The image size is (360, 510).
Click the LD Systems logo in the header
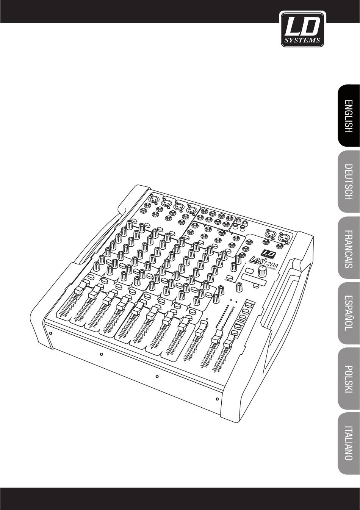302,29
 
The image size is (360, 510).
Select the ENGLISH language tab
348,116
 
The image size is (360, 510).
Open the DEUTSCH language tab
348,181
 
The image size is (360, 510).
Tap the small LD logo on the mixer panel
267,254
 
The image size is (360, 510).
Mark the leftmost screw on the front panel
50,333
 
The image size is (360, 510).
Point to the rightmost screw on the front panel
217,399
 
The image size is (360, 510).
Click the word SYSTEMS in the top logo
302,40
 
